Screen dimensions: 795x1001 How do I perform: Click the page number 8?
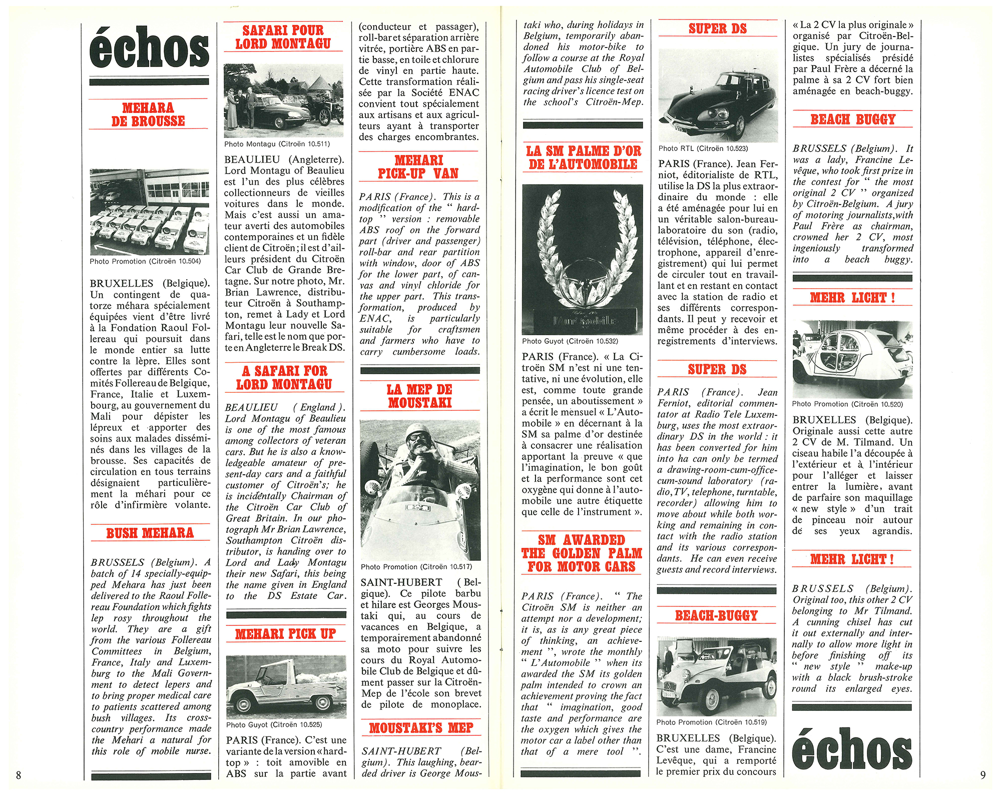coord(19,775)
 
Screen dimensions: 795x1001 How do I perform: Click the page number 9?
coord(982,774)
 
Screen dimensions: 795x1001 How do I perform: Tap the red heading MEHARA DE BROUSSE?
coord(148,115)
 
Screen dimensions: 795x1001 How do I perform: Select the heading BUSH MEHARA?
coord(150,533)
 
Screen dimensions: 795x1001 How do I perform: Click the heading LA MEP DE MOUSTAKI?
coord(420,396)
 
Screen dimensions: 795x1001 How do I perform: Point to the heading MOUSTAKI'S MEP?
coord(421,728)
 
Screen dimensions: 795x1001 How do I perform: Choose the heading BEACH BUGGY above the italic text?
coord(853,120)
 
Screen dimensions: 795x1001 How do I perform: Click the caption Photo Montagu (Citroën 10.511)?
coord(277,144)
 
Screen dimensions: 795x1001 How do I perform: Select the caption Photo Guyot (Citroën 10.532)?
coord(570,341)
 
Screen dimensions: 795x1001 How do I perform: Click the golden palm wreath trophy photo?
coord(583,259)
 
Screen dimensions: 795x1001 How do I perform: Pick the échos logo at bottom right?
coord(852,748)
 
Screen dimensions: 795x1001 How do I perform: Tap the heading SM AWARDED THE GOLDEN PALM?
coord(582,553)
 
